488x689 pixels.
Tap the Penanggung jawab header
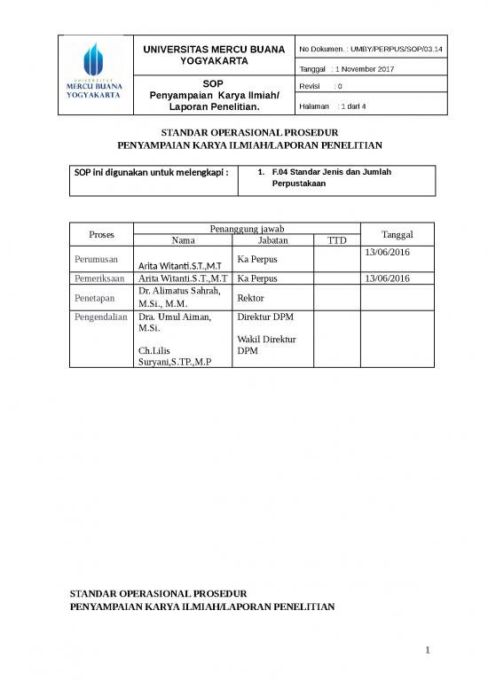246,229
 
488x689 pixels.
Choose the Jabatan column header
272,240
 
